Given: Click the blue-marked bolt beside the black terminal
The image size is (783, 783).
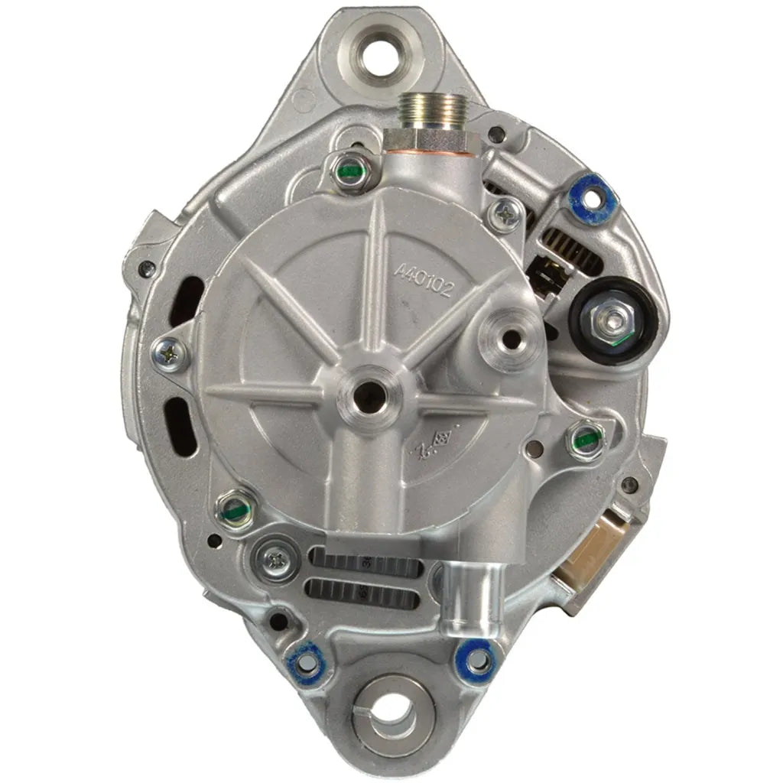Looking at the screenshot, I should (x=593, y=196).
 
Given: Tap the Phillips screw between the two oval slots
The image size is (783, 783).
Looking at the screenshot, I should (x=169, y=353).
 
